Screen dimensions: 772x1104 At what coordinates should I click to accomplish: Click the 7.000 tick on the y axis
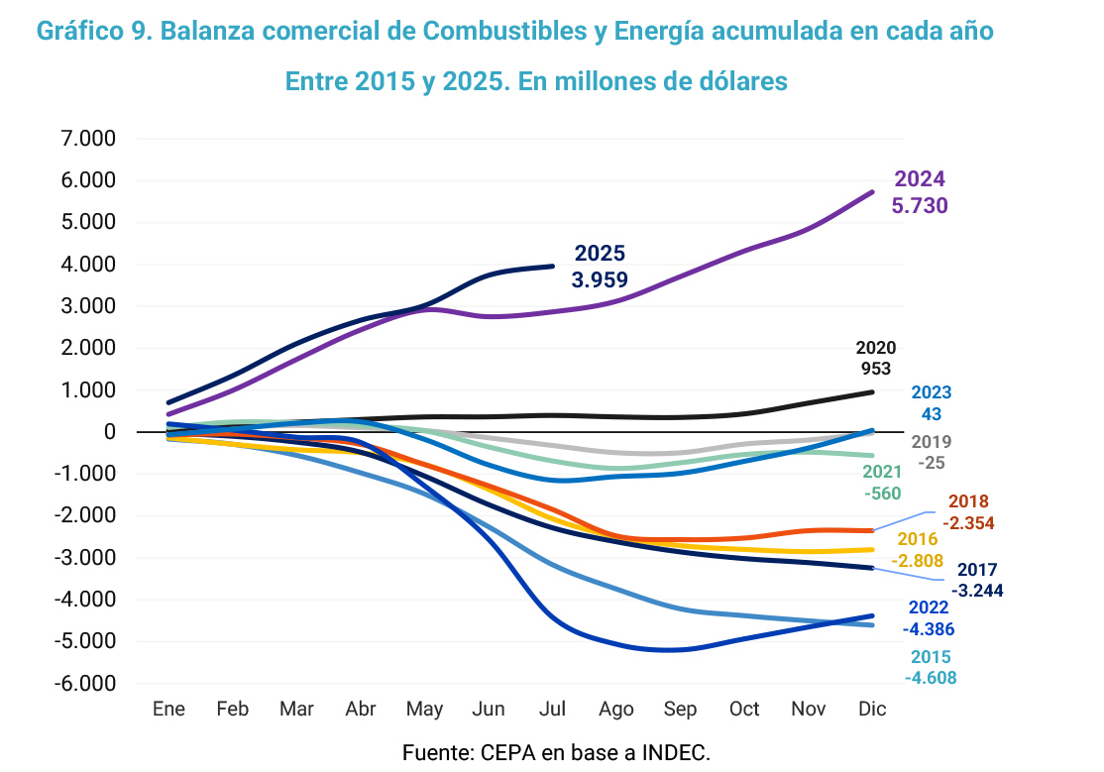(89, 139)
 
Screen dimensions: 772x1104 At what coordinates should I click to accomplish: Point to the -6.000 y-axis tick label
(86, 684)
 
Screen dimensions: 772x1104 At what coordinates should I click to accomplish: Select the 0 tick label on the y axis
(109, 432)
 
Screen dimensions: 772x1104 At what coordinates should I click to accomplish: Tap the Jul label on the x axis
(552, 709)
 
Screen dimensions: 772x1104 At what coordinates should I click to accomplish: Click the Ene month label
(169, 709)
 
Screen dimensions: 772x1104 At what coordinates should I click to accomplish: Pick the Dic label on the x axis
(872, 709)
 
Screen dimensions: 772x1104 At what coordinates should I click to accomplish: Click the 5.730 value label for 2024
(921, 206)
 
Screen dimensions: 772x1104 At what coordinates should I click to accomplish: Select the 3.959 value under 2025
(600, 279)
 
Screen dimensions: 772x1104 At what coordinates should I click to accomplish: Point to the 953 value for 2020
(875, 370)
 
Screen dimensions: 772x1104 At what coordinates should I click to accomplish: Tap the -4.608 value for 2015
(931, 679)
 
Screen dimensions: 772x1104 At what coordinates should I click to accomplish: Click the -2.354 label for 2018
(968, 523)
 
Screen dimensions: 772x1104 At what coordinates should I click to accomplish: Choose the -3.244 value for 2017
(977, 591)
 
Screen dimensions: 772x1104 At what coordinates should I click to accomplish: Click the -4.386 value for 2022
(929, 628)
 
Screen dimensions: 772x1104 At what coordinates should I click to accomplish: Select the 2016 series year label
(917, 540)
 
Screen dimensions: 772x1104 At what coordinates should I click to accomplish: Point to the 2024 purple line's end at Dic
(872, 192)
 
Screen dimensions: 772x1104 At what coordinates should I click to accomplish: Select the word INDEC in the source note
(677, 752)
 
